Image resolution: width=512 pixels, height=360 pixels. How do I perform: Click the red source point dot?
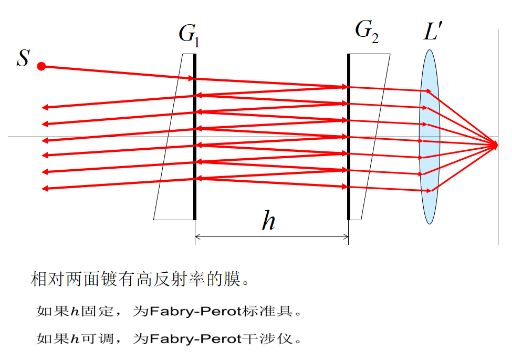coord(41,66)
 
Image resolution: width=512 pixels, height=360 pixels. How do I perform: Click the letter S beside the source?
coord(23,58)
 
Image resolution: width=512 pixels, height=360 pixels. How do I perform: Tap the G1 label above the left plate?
coord(189,35)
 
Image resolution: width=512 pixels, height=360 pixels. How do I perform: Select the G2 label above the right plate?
coord(367,32)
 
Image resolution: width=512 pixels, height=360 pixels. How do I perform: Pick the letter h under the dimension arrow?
coord(268,221)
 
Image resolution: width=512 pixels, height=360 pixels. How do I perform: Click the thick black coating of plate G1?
coord(195,158)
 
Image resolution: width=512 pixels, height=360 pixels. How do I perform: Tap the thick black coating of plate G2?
coord(348,158)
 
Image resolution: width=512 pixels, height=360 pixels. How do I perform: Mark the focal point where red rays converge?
coord(496,145)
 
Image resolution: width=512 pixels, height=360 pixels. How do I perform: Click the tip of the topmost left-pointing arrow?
coord(43,107)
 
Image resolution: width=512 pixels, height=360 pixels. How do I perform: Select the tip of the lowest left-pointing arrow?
coord(43,188)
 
